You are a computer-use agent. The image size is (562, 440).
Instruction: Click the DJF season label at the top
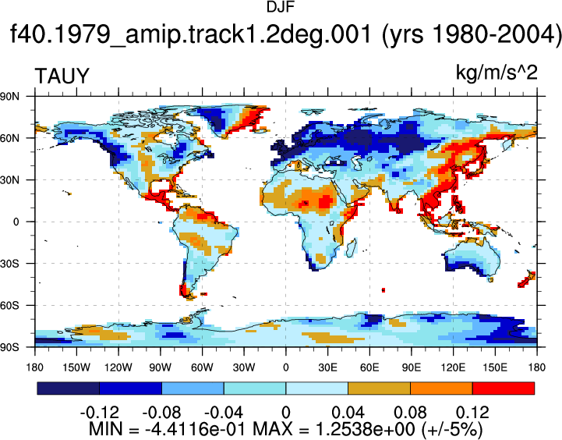pyautogui.click(x=281, y=7)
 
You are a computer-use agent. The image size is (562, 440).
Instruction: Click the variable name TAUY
pyautogui.click(x=62, y=76)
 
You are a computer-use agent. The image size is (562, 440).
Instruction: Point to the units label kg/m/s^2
pyautogui.click(x=497, y=73)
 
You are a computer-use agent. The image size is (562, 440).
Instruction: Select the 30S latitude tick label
pyautogui.click(x=9, y=264)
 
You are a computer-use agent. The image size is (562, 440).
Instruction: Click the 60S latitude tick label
pyautogui.click(x=9, y=306)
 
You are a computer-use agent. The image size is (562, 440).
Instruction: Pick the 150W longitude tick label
pyautogui.click(x=76, y=367)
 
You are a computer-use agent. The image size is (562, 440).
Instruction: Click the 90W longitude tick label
pyautogui.click(x=161, y=367)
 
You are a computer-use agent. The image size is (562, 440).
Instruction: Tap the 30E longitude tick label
pyautogui.click(x=327, y=367)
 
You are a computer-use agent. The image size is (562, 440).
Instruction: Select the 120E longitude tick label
pyautogui.click(x=453, y=367)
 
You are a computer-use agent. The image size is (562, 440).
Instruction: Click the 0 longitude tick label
pyautogui.click(x=285, y=367)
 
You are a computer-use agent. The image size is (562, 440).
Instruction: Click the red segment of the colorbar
pyautogui.click(x=504, y=389)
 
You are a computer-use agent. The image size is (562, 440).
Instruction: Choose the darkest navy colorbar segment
pyautogui.click(x=69, y=389)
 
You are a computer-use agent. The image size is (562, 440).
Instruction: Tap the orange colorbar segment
pyautogui.click(x=441, y=389)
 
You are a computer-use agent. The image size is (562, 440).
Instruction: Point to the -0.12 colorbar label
pyautogui.click(x=100, y=413)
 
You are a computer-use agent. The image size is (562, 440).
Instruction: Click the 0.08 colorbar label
pyautogui.click(x=410, y=413)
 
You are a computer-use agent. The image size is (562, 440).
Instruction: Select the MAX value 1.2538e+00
pyautogui.click(x=365, y=428)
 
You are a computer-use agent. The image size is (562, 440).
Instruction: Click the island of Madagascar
pyautogui.click(x=352, y=248)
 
